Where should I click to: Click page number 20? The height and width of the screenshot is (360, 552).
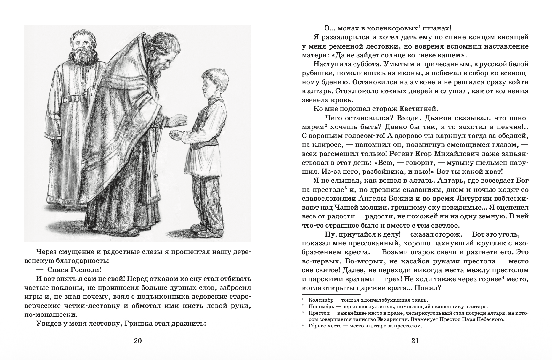point(138,340)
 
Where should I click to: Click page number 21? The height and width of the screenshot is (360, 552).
point(415,340)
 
